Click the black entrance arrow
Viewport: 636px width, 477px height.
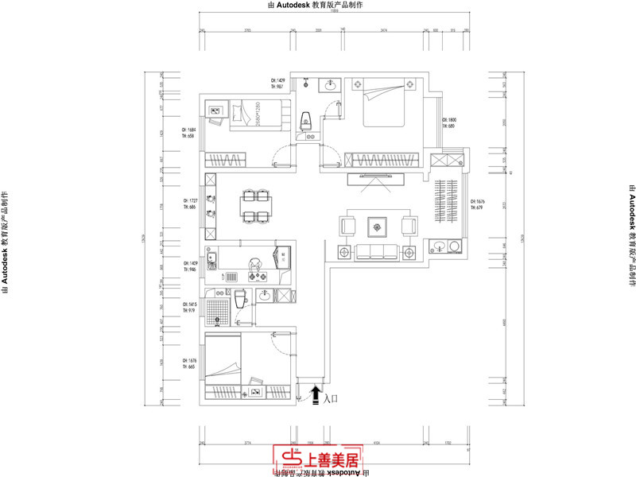pyautogui.click(x=316, y=394)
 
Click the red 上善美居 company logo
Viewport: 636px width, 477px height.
pyautogui.click(x=317, y=457)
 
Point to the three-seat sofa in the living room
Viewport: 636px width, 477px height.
pyautogui.click(x=379, y=251)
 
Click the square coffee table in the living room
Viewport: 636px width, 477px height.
pyautogui.click(x=375, y=227)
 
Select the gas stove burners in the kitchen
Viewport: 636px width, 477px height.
pyautogui.click(x=259, y=276)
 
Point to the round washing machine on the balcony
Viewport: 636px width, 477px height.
pyautogui.click(x=453, y=246)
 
